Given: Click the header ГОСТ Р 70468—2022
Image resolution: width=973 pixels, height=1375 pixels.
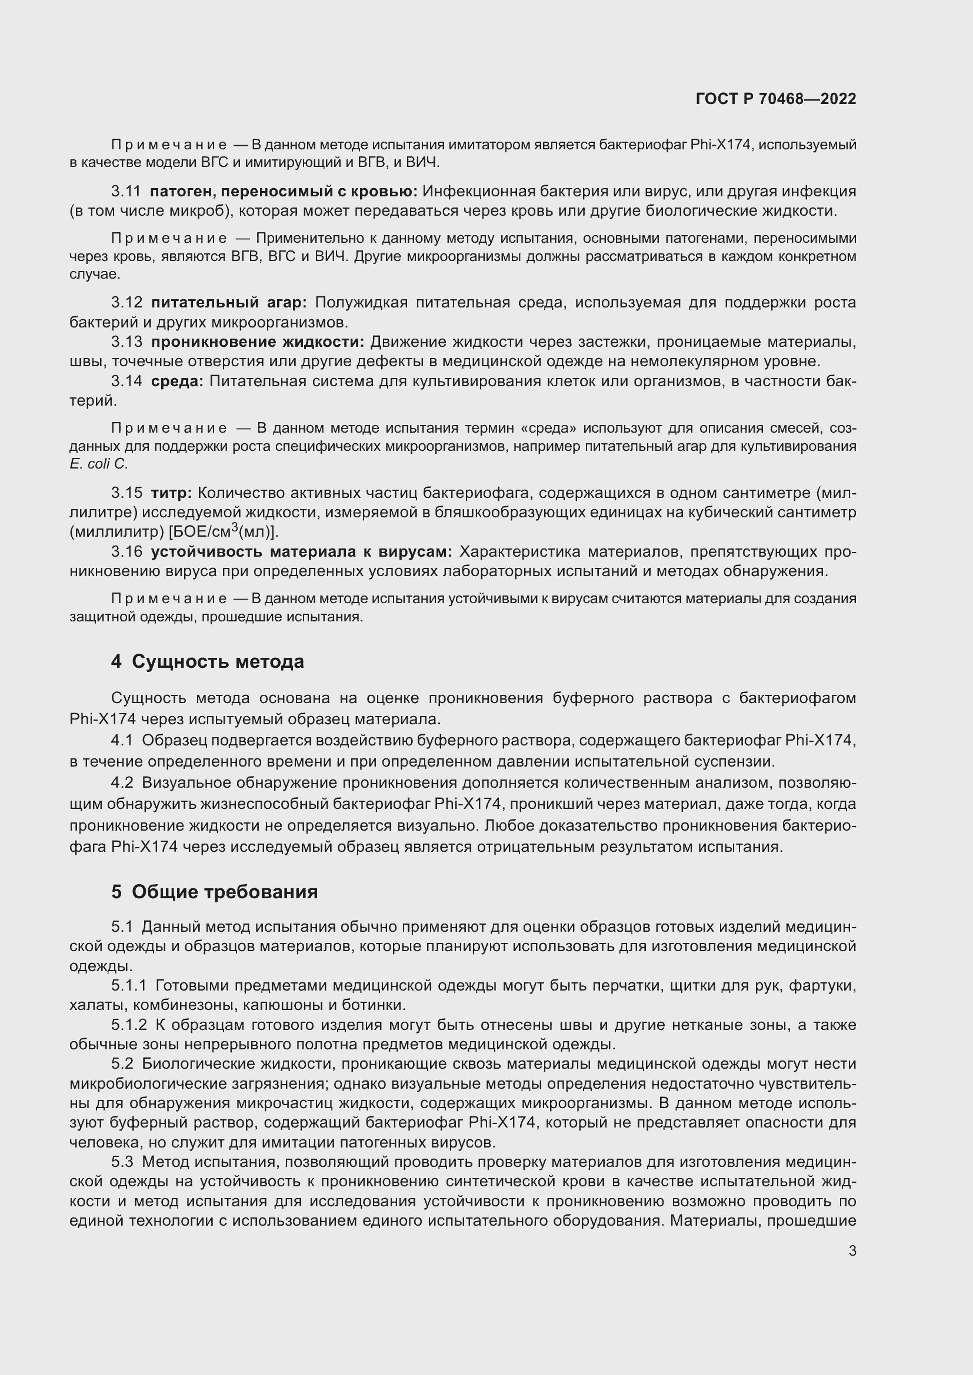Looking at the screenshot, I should coord(776,99).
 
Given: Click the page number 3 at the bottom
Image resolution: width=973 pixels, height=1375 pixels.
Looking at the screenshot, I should coord(852,1251).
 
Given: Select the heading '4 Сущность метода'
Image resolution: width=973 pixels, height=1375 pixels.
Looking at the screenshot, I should coord(207,662).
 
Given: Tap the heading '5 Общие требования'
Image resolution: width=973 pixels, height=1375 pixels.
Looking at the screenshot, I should coord(214,892).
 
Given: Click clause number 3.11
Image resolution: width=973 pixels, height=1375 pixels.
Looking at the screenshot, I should coord(126,192).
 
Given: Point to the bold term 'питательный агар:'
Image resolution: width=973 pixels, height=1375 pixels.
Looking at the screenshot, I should coord(228,302).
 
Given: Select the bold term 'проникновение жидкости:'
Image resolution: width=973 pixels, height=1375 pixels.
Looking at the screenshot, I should coord(258,342).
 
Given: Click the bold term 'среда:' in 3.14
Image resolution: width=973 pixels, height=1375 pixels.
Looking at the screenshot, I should coord(177,382).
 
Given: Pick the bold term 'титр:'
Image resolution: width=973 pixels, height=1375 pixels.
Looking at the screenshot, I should coord(171,493).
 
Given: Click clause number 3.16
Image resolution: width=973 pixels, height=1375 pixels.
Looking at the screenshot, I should coord(126,551).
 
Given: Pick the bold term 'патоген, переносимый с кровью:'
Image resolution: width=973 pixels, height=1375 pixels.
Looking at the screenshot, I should coord(284,192).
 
